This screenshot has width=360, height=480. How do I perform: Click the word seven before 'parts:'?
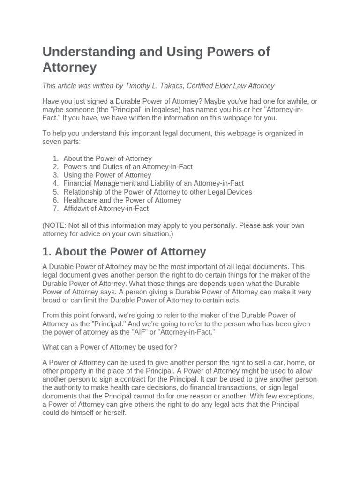tap(52, 141)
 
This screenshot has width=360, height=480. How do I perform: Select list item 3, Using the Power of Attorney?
tap(107, 175)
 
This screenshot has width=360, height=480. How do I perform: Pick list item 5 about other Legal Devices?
tap(157, 192)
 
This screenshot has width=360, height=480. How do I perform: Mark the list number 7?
tap(55, 209)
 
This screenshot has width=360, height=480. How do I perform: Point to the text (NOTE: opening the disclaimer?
tap(54, 225)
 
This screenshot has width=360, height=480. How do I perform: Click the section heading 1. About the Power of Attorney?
tap(124, 252)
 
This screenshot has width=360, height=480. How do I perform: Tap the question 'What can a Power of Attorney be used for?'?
tap(110, 347)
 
